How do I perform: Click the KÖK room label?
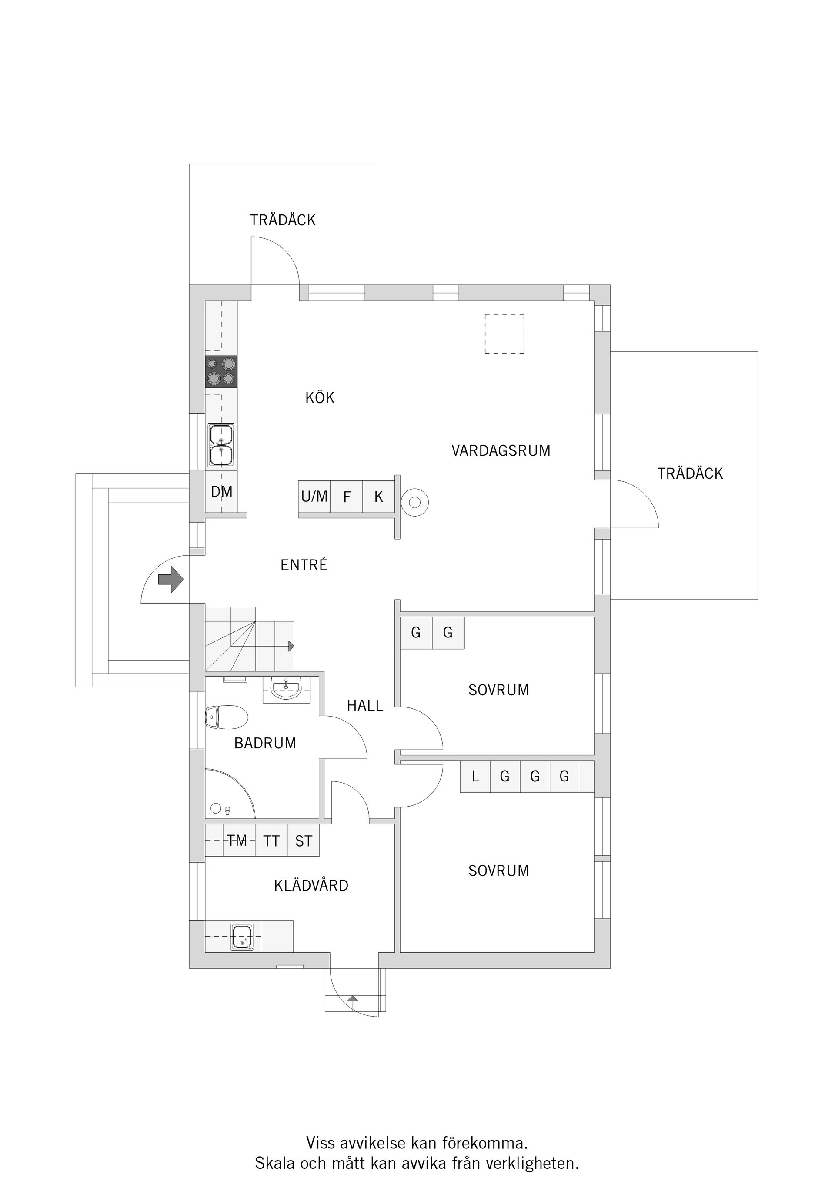point(320,397)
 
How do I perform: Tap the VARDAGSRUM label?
point(501,450)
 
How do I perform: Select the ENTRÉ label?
point(304,565)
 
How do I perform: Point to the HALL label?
point(365,705)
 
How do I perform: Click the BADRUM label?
point(265,743)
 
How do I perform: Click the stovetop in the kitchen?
point(221,372)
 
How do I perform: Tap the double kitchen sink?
point(221,445)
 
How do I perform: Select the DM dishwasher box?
point(221,491)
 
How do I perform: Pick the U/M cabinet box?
point(314,497)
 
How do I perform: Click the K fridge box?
point(379,497)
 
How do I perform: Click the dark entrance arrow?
point(171,580)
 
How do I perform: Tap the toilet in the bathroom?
point(227,717)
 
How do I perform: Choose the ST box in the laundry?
point(304,841)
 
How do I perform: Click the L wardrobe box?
point(475,776)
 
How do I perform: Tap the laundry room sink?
point(242,936)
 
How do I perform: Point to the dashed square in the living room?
point(504,334)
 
